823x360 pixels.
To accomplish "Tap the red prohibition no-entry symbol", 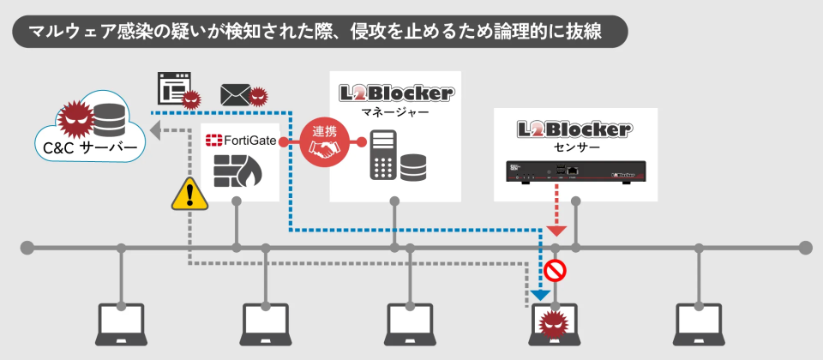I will [556, 272].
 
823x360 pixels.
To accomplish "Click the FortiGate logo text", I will [240, 139].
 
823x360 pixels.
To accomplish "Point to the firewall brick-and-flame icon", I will [238, 171].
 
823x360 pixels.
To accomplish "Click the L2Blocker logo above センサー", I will [574, 129].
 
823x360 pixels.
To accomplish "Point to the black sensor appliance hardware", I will [574, 172].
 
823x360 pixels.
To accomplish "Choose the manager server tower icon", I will [382, 155].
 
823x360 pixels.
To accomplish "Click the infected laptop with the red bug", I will [553, 323].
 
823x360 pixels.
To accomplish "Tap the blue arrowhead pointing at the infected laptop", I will [540, 295].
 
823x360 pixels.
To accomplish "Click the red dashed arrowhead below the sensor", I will [556, 230].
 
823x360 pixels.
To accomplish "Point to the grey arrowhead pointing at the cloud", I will [157, 130].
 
